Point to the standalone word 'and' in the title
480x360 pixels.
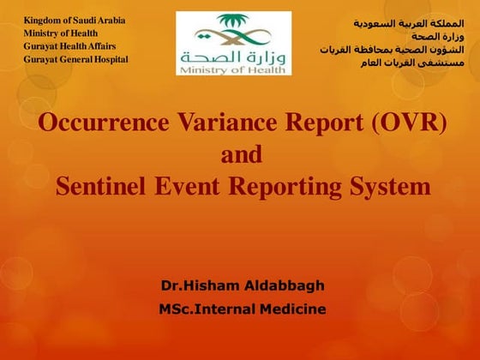pos(241,155)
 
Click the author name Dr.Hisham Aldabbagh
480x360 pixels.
pos(243,285)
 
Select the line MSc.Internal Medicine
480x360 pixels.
pos(243,309)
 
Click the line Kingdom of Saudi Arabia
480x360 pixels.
pos(75,20)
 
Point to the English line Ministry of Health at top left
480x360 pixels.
pos(61,33)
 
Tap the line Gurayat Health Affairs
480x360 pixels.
pos(69,45)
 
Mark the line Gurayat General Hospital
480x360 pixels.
pos(75,59)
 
